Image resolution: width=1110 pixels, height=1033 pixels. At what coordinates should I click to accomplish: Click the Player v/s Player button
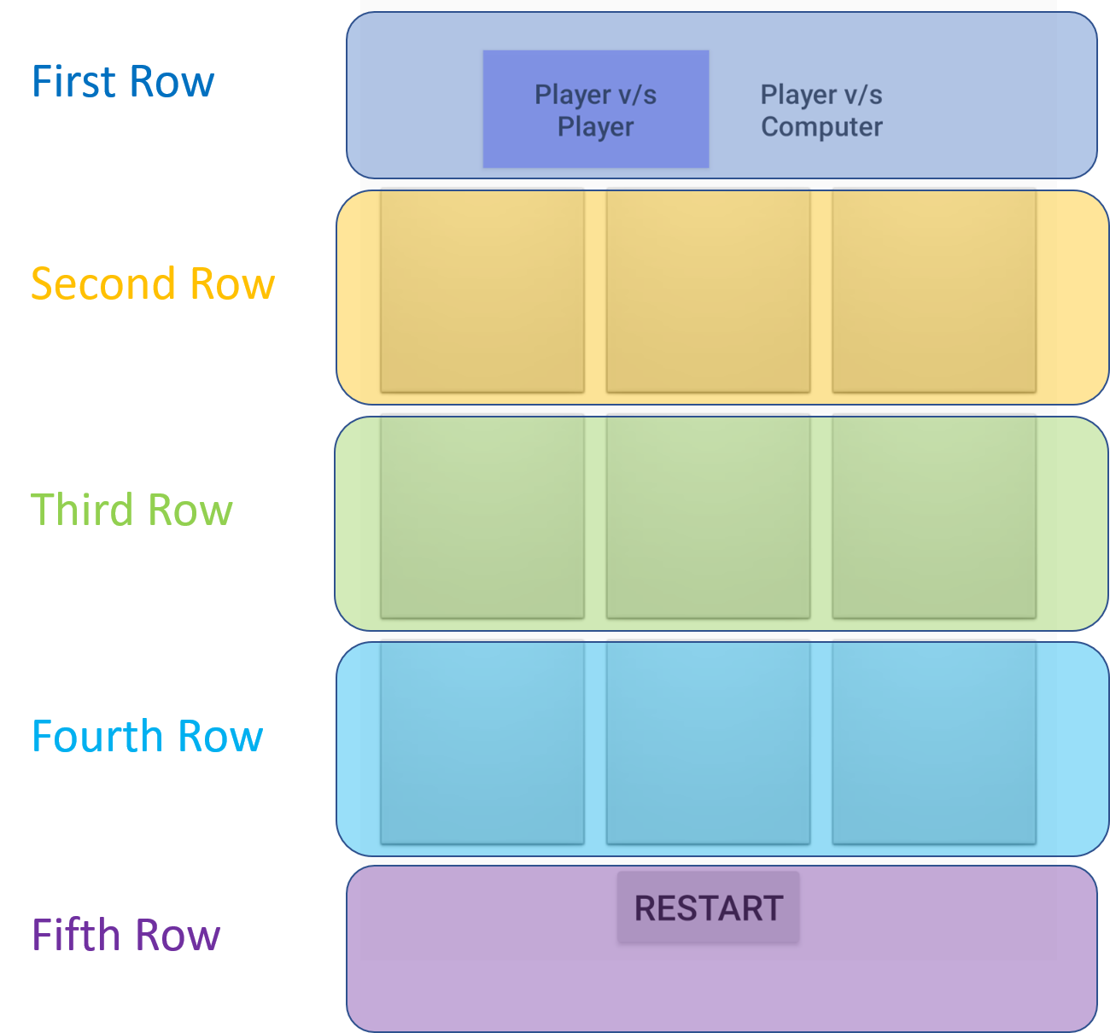pyautogui.click(x=595, y=109)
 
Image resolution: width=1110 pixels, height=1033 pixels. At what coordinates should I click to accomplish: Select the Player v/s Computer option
pyautogui.click(x=821, y=110)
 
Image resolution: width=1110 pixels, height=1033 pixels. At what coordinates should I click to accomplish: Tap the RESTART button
pyautogui.click(x=708, y=908)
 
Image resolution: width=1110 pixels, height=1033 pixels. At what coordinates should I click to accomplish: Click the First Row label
pyautogui.click(x=123, y=82)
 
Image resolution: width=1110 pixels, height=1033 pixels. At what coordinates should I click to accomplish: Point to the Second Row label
pyautogui.click(x=153, y=283)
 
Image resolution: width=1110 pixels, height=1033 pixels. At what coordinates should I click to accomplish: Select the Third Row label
pyautogui.click(x=131, y=510)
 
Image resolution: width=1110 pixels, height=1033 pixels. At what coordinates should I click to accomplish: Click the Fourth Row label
pyautogui.click(x=147, y=736)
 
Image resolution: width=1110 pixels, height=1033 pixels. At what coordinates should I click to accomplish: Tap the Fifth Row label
pyautogui.click(x=126, y=935)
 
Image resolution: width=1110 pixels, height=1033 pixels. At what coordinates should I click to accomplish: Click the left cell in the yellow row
pyautogui.click(x=482, y=291)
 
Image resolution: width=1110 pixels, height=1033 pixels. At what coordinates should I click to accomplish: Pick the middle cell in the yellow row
pyautogui.click(x=708, y=291)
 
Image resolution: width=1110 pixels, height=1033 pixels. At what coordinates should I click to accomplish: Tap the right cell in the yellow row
pyautogui.click(x=934, y=291)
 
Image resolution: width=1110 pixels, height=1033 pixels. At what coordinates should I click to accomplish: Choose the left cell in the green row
pyautogui.click(x=482, y=516)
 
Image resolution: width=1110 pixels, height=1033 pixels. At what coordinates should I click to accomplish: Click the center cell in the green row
pyautogui.click(x=708, y=516)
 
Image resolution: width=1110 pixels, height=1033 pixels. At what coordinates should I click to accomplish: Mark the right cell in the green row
pyautogui.click(x=934, y=516)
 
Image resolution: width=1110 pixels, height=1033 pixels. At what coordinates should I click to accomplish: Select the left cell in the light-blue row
pyautogui.click(x=482, y=743)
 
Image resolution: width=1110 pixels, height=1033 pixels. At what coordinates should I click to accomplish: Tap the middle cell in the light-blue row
pyautogui.click(x=708, y=743)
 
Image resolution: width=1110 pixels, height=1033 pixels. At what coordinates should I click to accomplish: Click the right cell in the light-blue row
pyautogui.click(x=934, y=743)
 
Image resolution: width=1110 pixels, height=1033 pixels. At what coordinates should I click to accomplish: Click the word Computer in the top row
pyautogui.click(x=821, y=127)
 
